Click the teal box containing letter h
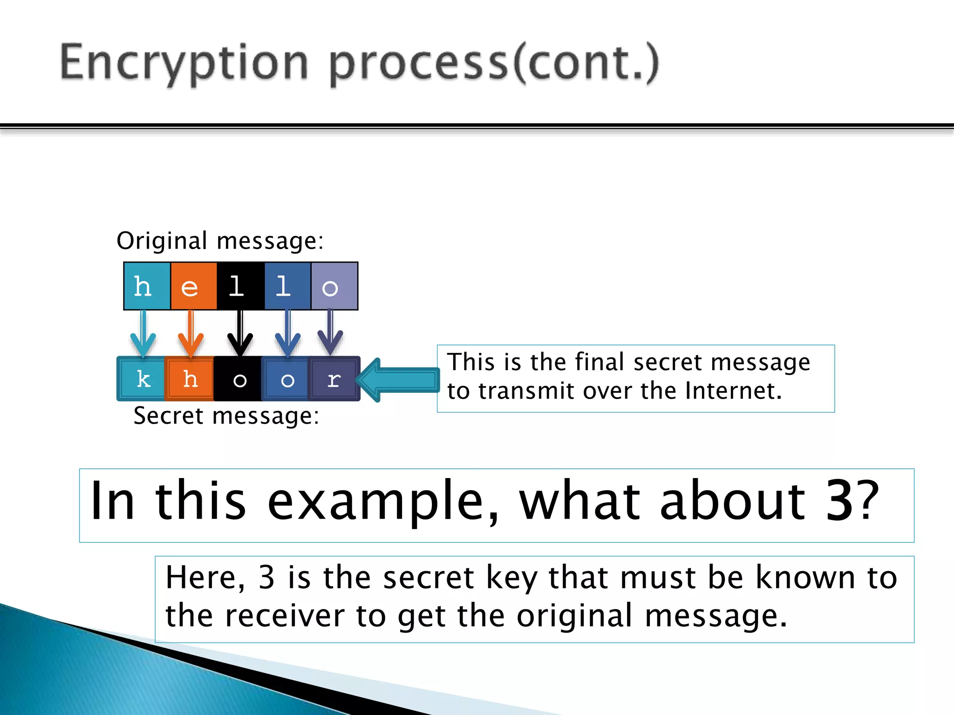[147, 286]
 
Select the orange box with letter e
[193, 286]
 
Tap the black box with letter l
[240, 286]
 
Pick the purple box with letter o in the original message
[334, 286]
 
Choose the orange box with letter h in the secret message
[190, 379]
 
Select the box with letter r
[334, 379]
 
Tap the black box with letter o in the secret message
[238, 379]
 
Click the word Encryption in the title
[184, 63]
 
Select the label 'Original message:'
[220, 241]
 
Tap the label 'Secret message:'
[226, 416]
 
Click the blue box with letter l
[287, 286]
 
